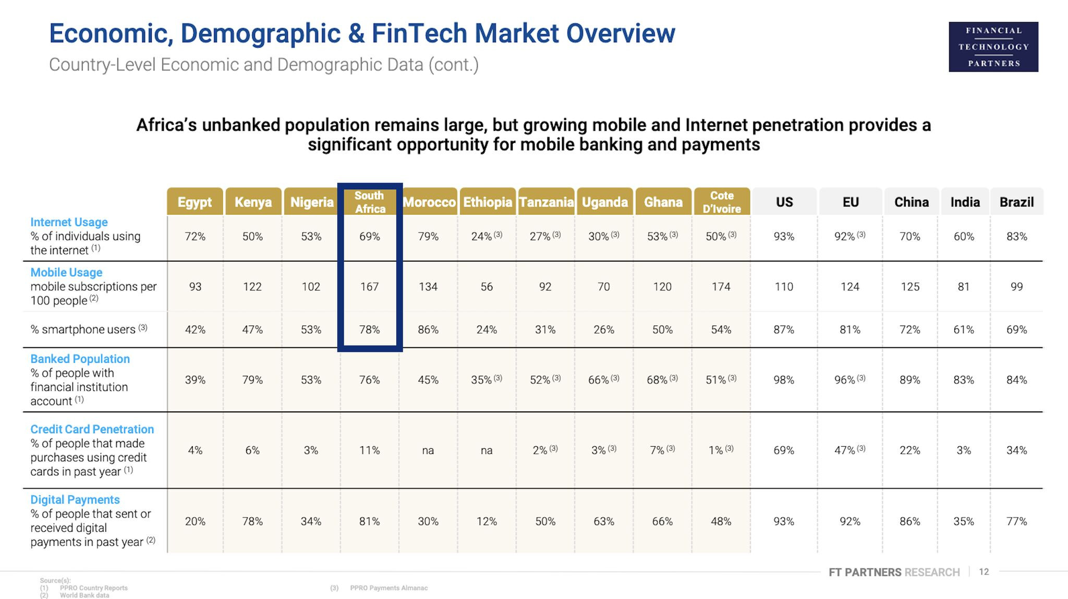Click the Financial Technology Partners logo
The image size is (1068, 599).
(x=993, y=47)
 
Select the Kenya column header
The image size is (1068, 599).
(x=253, y=202)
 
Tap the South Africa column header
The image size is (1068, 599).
(x=369, y=202)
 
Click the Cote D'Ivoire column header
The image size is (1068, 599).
(x=721, y=202)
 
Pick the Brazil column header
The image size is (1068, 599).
(x=1016, y=202)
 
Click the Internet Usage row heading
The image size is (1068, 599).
(x=69, y=222)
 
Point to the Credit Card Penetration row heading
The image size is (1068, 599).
(x=92, y=429)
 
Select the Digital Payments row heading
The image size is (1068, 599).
(x=75, y=499)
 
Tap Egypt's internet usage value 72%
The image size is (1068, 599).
(x=195, y=237)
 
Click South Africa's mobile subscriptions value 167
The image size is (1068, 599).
(x=369, y=287)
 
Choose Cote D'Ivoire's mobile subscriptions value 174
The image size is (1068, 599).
(x=721, y=287)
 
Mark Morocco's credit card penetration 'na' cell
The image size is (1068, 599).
(x=428, y=450)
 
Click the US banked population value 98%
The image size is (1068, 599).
(x=784, y=380)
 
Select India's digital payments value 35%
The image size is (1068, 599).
(x=964, y=521)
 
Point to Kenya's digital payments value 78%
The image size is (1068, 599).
(x=252, y=521)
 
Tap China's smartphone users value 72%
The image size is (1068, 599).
(x=910, y=329)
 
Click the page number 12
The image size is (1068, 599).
(x=984, y=572)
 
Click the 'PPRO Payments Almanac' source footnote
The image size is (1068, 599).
(x=389, y=588)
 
